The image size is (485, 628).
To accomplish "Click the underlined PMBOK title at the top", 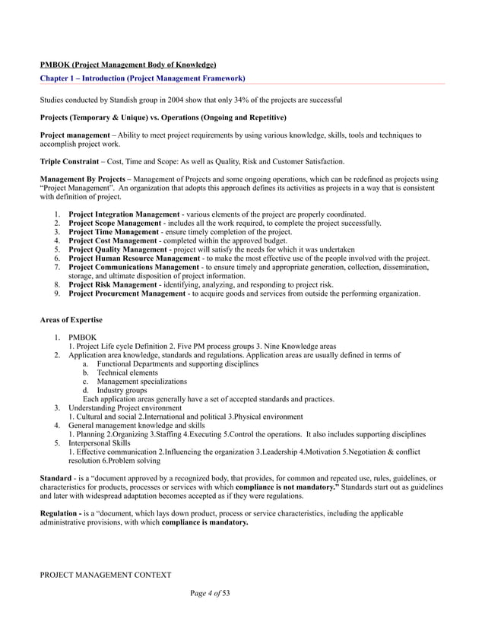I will click(x=128, y=65).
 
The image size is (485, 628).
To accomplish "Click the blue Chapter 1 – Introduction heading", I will click(x=142, y=78).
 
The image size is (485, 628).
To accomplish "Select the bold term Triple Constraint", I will click(x=69, y=161).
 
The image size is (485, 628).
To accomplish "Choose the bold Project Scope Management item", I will click(x=114, y=224).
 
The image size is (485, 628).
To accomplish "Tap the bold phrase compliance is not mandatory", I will click(x=287, y=487).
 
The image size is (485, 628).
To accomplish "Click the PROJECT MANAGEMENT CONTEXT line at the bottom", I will click(x=105, y=575).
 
